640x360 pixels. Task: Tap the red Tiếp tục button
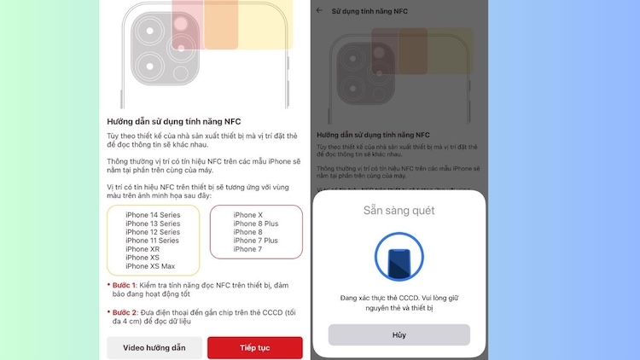254,348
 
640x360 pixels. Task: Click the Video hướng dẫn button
154,348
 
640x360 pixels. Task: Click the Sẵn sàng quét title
399,210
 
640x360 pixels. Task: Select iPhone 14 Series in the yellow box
153,215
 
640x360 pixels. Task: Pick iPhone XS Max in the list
150,266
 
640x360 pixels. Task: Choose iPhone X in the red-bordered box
248,215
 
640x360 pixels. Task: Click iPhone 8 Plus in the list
256,224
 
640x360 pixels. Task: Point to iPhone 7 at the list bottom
248,249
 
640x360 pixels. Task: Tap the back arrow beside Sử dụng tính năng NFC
320,10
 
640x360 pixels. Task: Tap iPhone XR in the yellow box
143,249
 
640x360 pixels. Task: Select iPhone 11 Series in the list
153,241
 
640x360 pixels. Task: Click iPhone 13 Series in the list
153,224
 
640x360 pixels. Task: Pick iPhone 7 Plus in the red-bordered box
256,241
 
